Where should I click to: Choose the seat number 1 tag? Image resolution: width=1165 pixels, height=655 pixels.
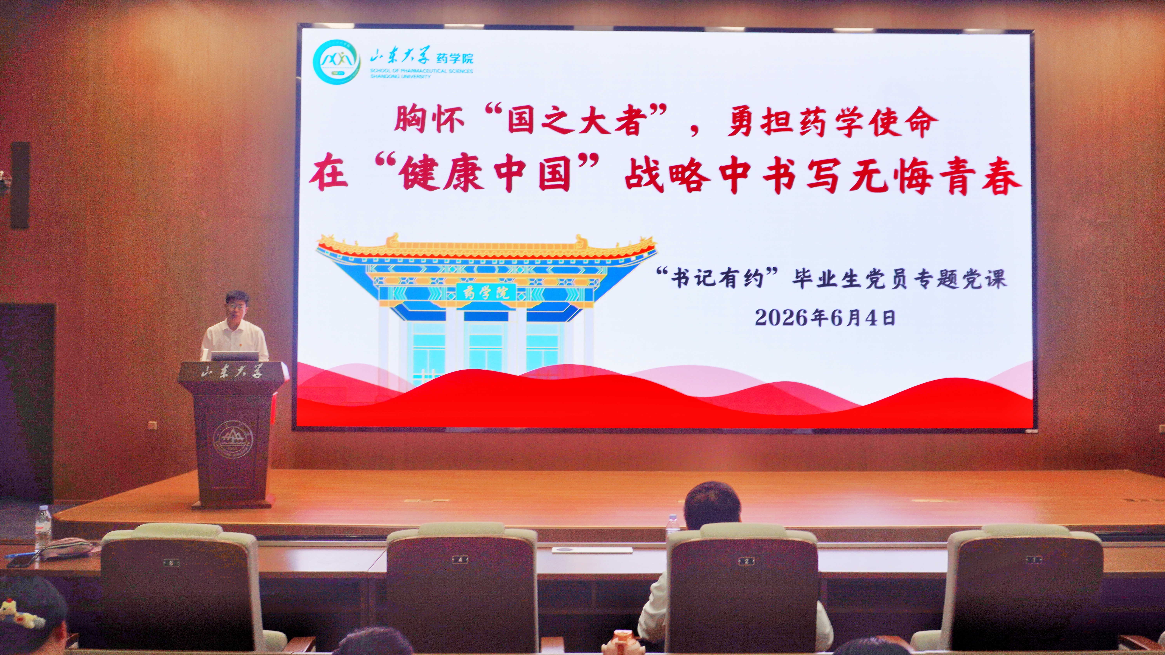click(1033, 560)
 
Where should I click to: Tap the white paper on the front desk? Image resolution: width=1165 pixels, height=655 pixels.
click(592, 550)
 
